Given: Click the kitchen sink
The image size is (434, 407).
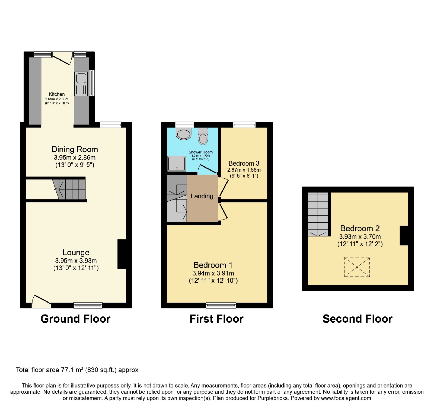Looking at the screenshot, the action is [81, 84].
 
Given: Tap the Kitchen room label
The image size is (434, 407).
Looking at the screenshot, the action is [57, 94].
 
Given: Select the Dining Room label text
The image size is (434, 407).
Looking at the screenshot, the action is [75, 149].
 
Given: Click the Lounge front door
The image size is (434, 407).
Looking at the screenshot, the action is [42, 301].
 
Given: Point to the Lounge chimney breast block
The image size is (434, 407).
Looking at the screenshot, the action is [122, 254].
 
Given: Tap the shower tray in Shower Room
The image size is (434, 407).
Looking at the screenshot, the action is [177, 164].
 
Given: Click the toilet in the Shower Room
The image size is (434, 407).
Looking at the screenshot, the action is [203, 136].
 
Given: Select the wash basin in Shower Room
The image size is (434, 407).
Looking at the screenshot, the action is [184, 134].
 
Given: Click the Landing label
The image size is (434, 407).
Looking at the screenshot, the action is [202, 196].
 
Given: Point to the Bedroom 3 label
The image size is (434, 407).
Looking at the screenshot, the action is [244, 164].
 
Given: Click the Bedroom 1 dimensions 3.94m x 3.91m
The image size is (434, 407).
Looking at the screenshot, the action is [213, 273].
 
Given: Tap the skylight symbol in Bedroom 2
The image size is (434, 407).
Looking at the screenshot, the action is [357, 267].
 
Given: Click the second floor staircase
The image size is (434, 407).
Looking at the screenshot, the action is [318, 214].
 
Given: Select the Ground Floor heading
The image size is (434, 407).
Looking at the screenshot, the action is [75, 319].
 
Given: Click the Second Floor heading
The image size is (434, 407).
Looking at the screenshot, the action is [358, 319].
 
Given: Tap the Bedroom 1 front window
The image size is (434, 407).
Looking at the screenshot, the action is [221, 305].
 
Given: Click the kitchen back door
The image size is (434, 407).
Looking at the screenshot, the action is [63, 58].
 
